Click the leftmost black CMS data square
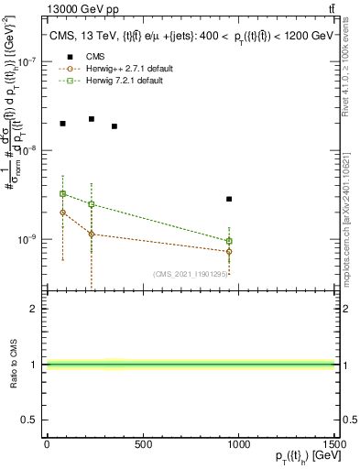[62, 124]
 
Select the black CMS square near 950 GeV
[229, 199]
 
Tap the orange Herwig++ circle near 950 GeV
[229, 251]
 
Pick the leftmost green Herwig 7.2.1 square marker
[62, 193]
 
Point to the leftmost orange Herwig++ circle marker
[62, 212]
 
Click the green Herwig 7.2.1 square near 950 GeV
[229, 241]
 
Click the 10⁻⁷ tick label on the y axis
[29, 62]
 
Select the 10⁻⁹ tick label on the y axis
[29, 239]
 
